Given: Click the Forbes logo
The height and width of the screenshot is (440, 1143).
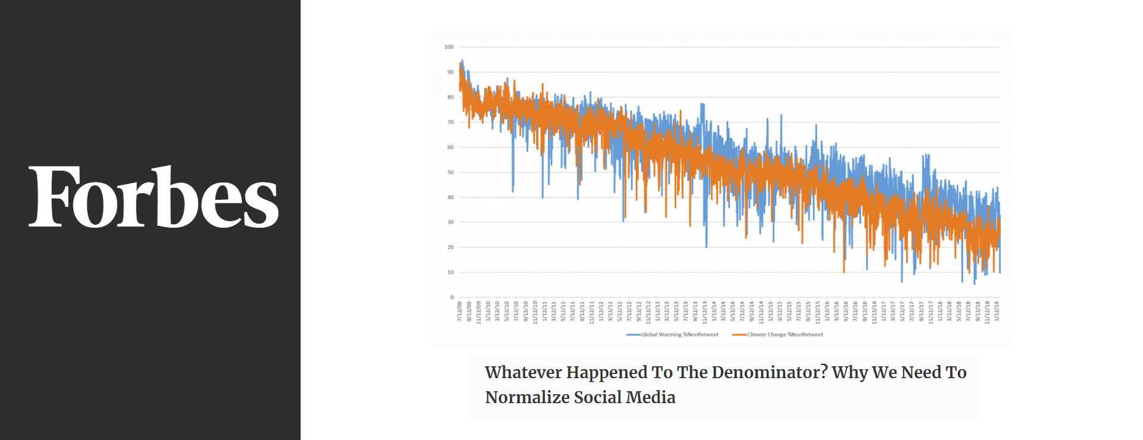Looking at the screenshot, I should pos(154,197).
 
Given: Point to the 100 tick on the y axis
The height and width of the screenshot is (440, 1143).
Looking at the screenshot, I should pos(449,47).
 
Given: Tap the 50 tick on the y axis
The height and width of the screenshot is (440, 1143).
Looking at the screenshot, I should pos(450,172).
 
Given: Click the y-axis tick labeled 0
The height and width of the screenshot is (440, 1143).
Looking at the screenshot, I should pos(452,297).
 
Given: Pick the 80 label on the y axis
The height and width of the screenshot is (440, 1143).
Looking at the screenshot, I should pos(450,97).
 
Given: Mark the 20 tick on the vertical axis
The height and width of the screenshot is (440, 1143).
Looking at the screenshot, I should pos(450,247).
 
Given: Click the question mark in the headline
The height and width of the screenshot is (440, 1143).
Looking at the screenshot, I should pos(824,371).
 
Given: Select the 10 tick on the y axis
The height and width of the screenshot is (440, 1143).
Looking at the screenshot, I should pos(450,272).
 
